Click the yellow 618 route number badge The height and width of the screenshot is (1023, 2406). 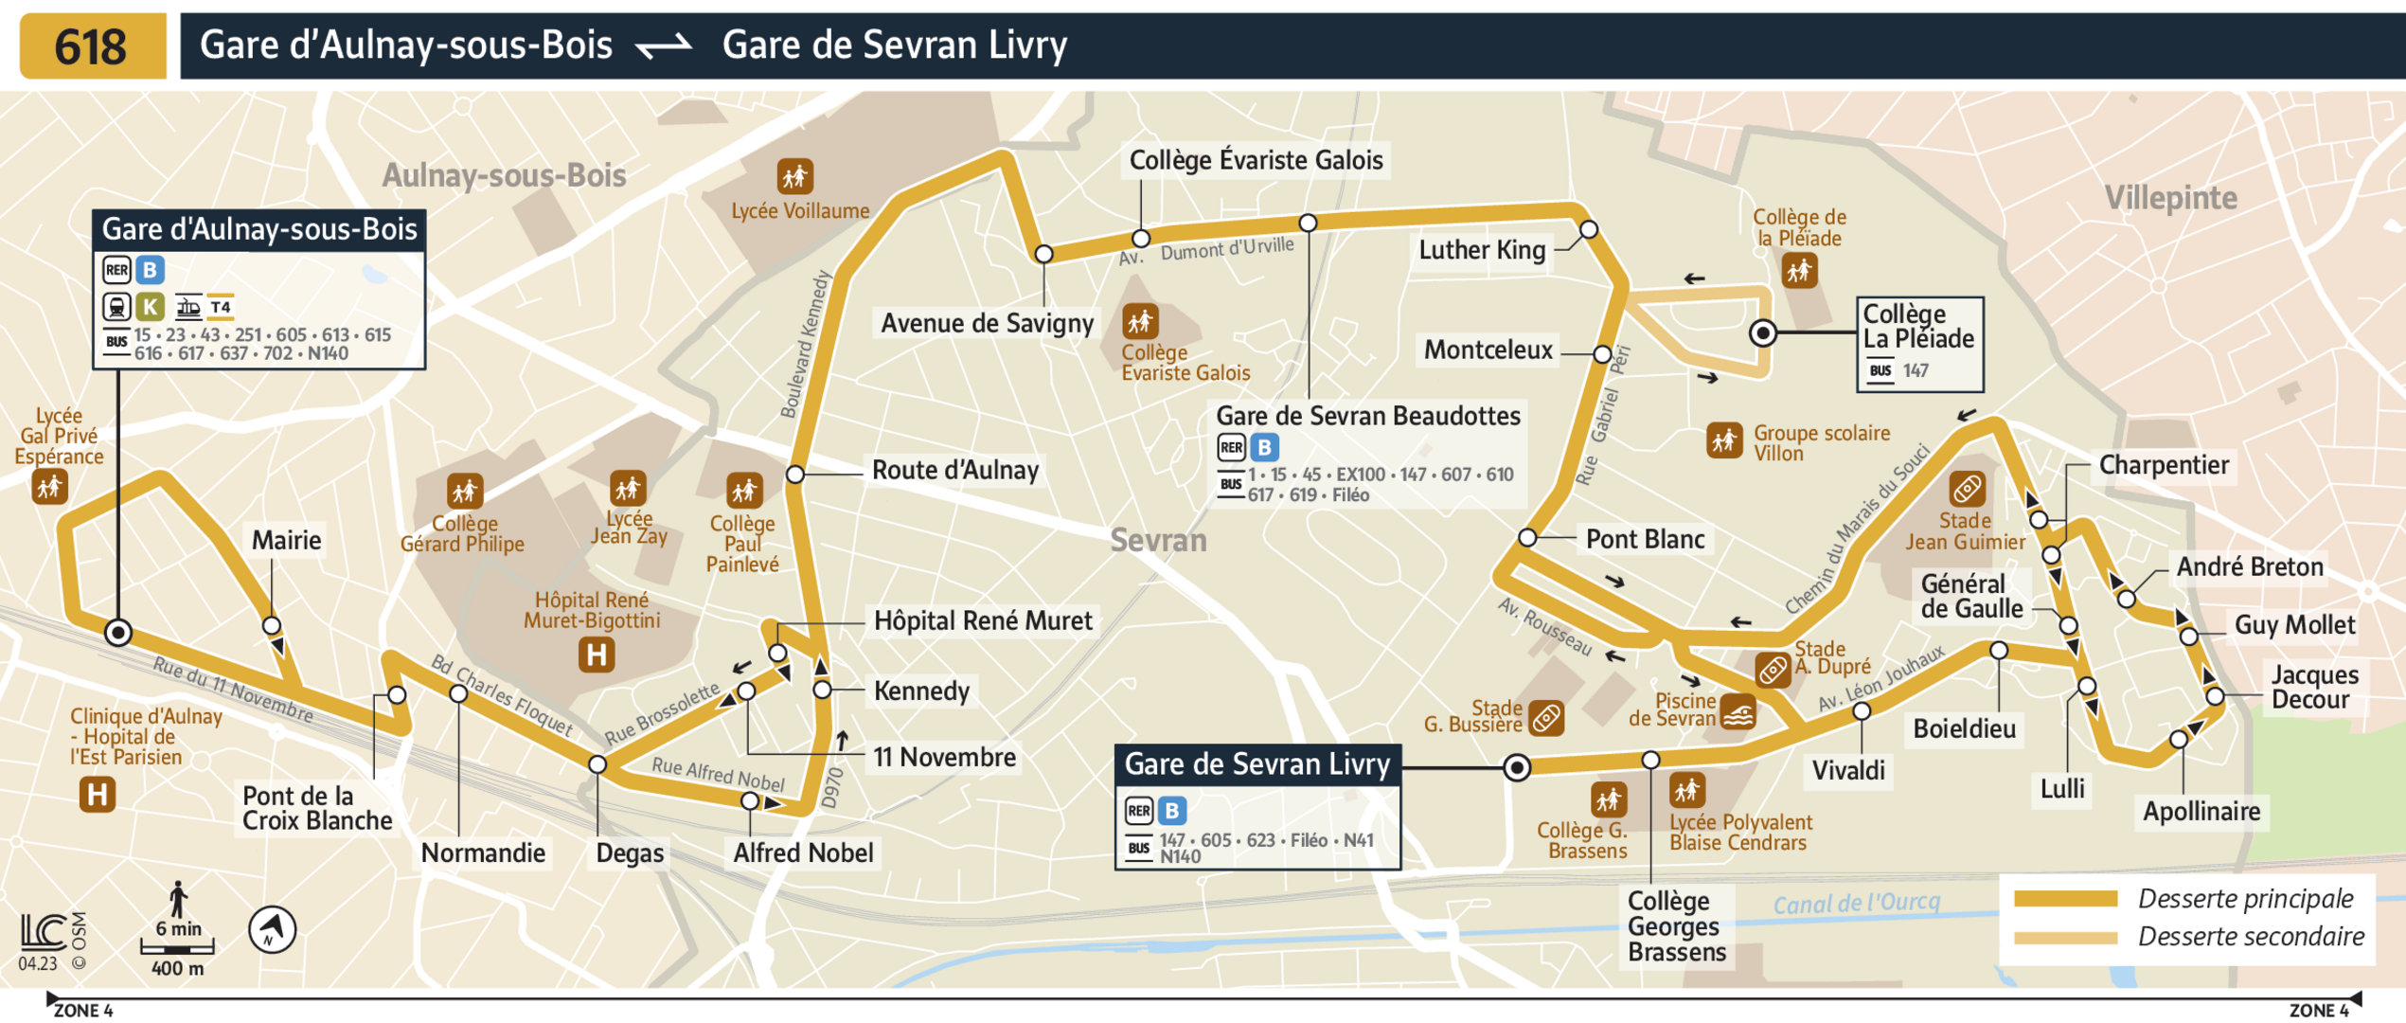[92, 45]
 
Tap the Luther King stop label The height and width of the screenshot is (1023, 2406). [1481, 250]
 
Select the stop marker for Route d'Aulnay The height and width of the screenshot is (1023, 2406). [795, 474]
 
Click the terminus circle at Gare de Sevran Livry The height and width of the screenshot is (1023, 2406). [1517, 767]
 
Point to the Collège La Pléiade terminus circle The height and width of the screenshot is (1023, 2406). [1762, 333]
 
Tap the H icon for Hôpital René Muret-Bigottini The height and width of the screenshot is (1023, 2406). [597, 655]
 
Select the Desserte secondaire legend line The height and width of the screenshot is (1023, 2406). [2064, 938]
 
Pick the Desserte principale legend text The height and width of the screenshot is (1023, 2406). [2245, 899]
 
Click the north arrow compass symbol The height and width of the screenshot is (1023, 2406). [272, 929]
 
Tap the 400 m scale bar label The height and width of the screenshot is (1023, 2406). [177, 969]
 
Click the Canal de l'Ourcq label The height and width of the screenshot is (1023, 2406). [1856, 903]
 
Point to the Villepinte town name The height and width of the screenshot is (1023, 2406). [2170, 198]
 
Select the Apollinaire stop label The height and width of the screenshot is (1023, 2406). [2201, 812]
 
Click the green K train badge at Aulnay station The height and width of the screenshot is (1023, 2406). [150, 307]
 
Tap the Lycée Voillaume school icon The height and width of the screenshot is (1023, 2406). [795, 176]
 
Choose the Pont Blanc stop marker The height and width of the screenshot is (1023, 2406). [1527, 538]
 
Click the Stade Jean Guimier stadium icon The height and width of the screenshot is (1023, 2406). [1967, 490]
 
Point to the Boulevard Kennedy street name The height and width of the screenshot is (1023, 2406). [805, 345]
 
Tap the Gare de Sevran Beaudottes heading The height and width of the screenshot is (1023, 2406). [1367, 416]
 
